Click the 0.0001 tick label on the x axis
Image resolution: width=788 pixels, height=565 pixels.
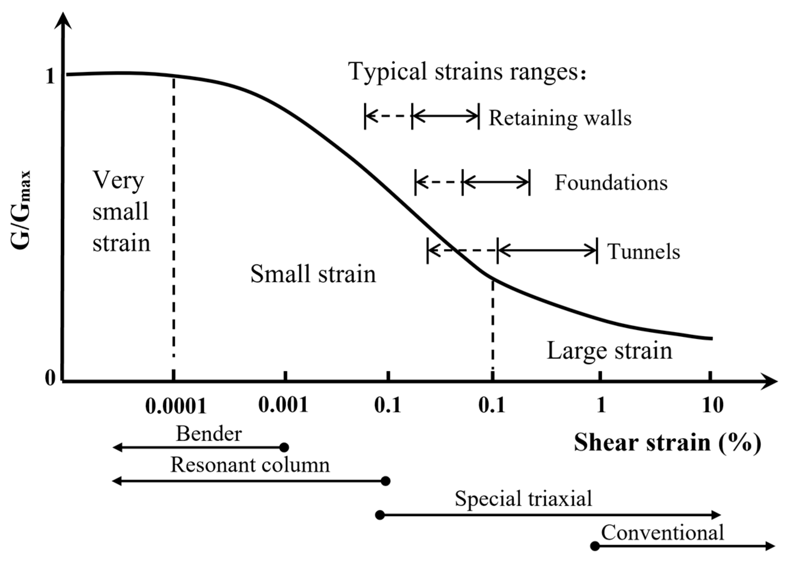point(176,406)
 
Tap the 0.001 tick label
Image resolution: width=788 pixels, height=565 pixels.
point(283,405)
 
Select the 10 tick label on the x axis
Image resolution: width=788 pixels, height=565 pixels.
point(713,405)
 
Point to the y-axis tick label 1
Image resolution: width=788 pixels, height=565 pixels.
point(50,77)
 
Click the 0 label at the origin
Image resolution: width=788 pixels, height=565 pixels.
point(50,378)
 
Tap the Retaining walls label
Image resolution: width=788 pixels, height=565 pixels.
point(560,118)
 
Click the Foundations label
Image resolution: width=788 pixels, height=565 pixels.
point(611,182)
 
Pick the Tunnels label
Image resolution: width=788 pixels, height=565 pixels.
point(643,252)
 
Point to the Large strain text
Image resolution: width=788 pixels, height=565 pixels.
point(609,350)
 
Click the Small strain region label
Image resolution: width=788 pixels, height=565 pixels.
point(313,274)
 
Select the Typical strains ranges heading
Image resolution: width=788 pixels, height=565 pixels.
point(467,72)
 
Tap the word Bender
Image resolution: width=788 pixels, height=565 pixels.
point(209,434)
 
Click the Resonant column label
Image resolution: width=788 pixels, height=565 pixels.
point(250,465)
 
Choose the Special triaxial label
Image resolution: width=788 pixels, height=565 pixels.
point(523,498)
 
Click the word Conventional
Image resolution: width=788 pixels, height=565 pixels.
point(662,532)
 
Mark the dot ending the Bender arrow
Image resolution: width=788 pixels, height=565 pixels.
point(284,447)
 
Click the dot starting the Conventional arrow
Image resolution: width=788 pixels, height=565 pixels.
point(595,546)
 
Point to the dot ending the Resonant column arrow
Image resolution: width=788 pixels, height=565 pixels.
point(385,481)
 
